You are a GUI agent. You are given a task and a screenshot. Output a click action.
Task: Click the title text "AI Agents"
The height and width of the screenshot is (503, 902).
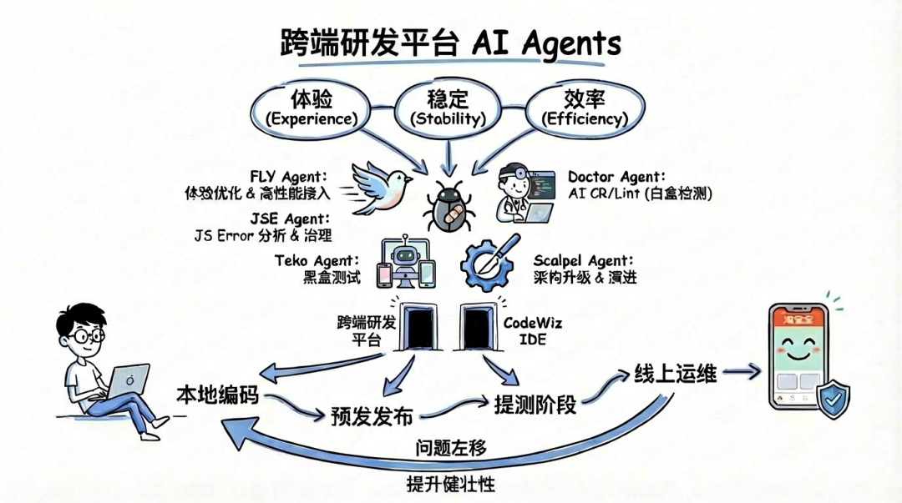(x=550, y=44)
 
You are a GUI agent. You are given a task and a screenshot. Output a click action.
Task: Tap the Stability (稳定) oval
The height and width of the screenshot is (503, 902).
(x=448, y=108)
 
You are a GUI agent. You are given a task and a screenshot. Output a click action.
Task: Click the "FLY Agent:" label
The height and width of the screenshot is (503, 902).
(x=288, y=176)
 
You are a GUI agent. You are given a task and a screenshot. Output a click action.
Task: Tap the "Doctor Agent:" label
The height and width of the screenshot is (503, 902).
(x=616, y=177)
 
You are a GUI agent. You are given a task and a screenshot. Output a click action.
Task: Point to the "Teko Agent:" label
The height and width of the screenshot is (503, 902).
(x=317, y=260)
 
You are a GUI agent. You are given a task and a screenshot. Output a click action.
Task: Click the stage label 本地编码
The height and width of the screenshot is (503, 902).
(x=216, y=396)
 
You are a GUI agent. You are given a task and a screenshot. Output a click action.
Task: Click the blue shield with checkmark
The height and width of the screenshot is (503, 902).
(x=832, y=399)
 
